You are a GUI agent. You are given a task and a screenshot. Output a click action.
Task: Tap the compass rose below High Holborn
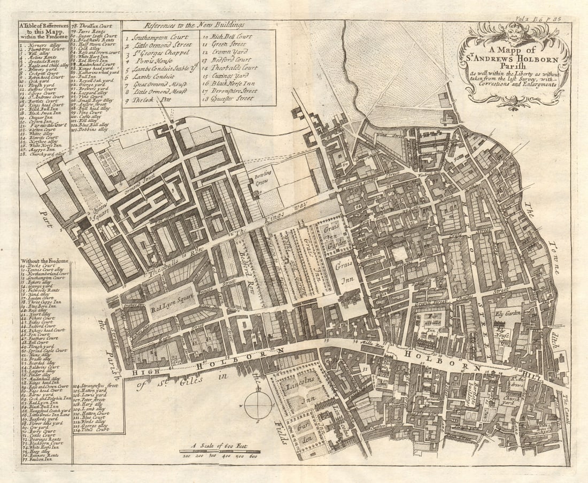[258, 405]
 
